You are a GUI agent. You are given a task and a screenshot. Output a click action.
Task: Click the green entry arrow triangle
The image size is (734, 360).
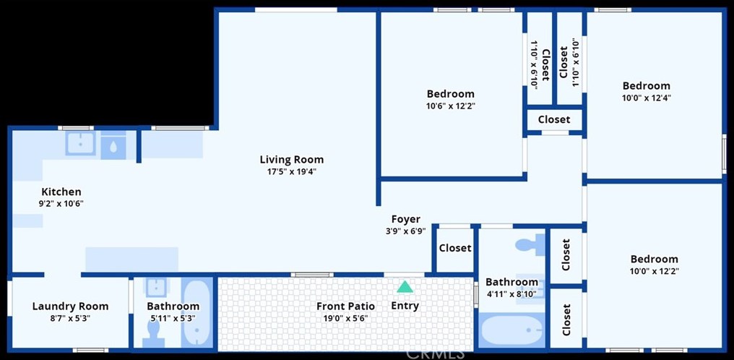pyautogui.click(x=405, y=287)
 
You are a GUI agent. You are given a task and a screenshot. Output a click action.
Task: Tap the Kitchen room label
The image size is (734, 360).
pyautogui.click(x=61, y=192)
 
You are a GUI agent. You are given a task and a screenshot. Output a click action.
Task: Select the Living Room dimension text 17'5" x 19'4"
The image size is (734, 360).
pyautogui.click(x=292, y=172)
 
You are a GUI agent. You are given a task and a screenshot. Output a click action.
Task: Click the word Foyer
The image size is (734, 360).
pyautogui.click(x=405, y=219)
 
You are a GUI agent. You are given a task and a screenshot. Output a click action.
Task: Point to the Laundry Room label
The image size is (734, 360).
pyautogui.click(x=70, y=306)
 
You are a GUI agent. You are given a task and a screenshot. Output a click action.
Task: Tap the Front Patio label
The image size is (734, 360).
pyautogui.click(x=345, y=306)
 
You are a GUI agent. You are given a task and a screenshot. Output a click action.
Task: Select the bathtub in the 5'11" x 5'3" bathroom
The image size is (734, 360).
pyautogui.click(x=194, y=312)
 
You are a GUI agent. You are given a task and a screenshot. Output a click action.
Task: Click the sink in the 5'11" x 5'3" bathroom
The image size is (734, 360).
pyautogui.click(x=155, y=288)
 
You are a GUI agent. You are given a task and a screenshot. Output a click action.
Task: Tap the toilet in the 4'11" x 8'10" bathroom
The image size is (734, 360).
pyautogui.click(x=532, y=244)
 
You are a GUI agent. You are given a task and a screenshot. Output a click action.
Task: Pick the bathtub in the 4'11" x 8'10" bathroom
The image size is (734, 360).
pyautogui.click(x=511, y=330)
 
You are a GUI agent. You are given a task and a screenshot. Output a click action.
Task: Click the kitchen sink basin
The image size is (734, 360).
pyautogui.click(x=79, y=144)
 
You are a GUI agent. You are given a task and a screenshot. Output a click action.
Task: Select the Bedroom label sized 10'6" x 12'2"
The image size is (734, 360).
pyautogui.click(x=450, y=93)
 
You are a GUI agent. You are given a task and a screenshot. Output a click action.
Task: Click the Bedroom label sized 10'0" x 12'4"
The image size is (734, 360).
pyautogui.click(x=646, y=85)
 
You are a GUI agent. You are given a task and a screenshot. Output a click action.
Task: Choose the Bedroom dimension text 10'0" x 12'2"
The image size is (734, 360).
pyautogui.click(x=654, y=271)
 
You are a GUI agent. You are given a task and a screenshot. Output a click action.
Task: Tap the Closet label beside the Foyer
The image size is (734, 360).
pyautogui.click(x=455, y=248)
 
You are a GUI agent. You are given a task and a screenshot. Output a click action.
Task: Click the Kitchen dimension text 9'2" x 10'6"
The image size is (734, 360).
pyautogui.click(x=61, y=203)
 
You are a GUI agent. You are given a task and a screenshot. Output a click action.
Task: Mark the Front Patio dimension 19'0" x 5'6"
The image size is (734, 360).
pyautogui.click(x=345, y=318)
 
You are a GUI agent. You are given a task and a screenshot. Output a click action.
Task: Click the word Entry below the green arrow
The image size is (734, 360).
pyautogui.click(x=405, y=306)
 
